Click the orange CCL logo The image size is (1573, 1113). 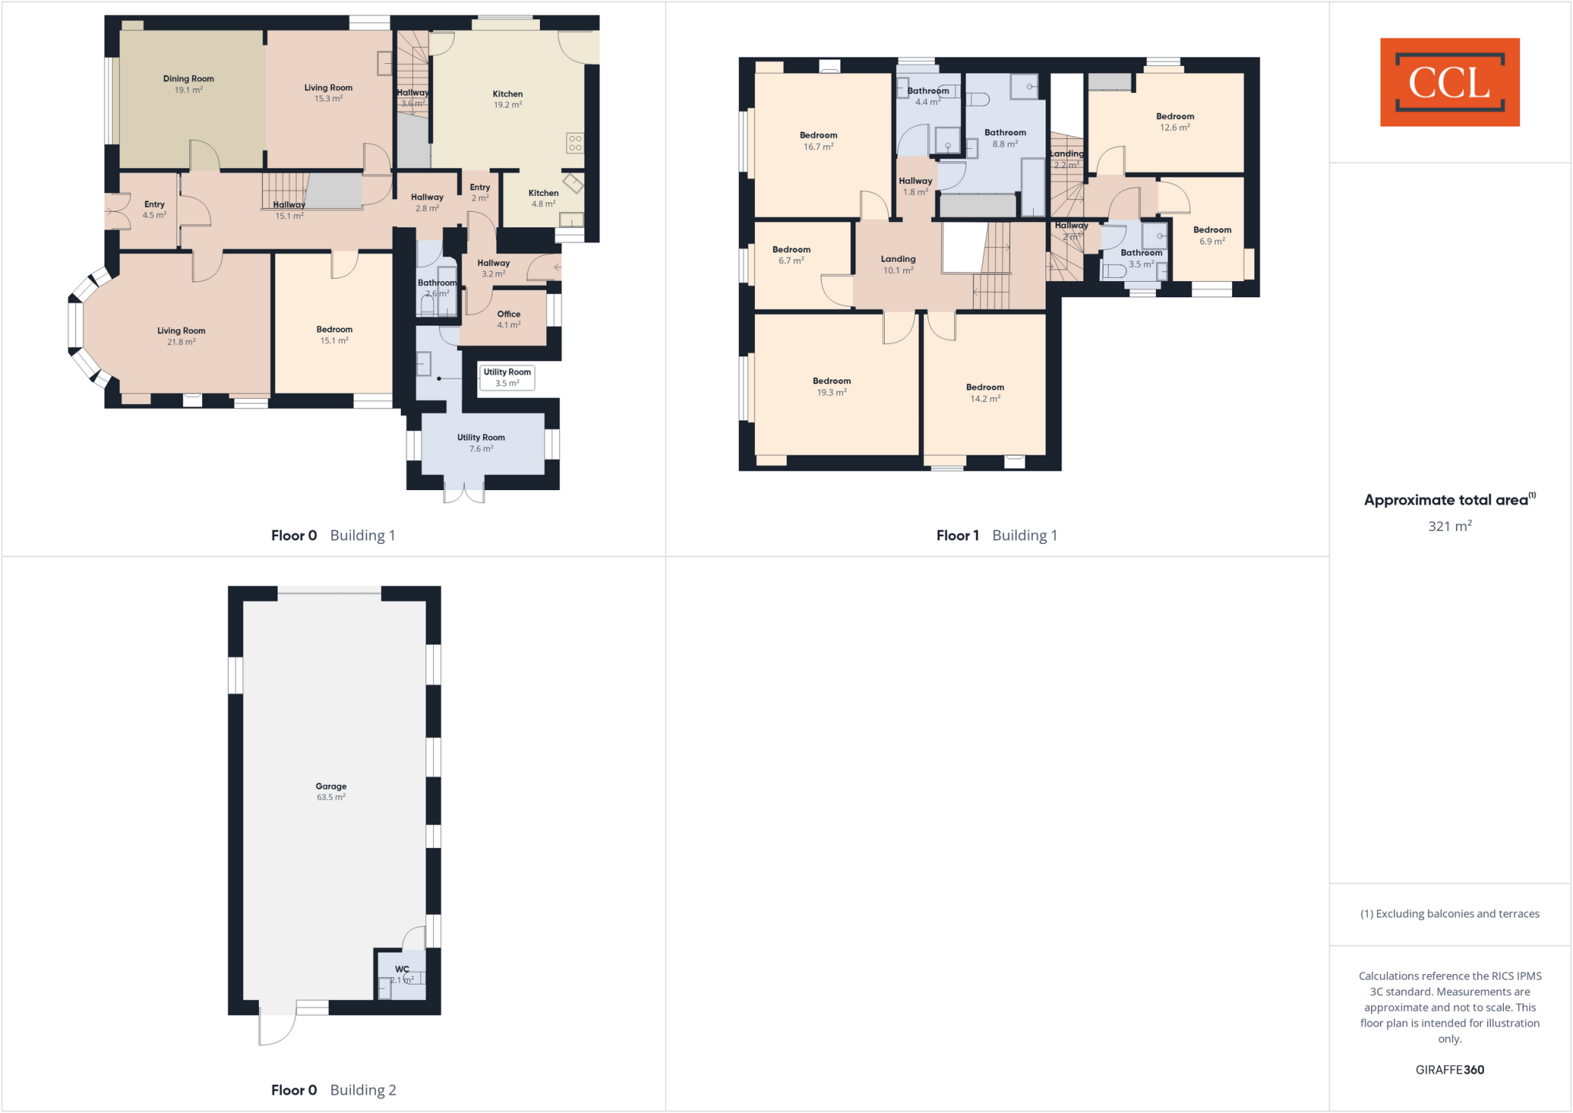pos(1449,82)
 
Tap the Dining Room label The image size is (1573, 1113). pos(188,84)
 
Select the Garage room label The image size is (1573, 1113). pos(331,791)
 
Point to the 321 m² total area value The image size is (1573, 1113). pos(1449,526)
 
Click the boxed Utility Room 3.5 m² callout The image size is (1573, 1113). pos(507,377)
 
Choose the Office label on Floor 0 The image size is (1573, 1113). pos(508,319)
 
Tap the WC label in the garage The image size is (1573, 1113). pos(402,974)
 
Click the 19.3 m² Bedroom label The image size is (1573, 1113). pos(832,386)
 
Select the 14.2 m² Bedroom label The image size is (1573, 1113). pos(985,393)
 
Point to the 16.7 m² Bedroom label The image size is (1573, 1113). pos(818,141)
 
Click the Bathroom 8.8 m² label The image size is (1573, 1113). pos(1005,138)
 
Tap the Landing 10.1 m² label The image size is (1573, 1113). pos(898,264)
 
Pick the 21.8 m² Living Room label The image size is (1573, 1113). pos(181,336)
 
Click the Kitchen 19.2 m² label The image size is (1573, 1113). pos(508,99)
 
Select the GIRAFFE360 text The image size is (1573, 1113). pos(1449,1069)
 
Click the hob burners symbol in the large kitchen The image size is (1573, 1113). pos(575,143)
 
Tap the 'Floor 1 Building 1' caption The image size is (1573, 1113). pos(996,535)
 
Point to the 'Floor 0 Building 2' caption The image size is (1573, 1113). pos(333,1089)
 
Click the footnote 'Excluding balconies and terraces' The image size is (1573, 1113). pos(1449,913)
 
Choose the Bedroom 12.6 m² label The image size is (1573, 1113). pos(1174,122)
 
